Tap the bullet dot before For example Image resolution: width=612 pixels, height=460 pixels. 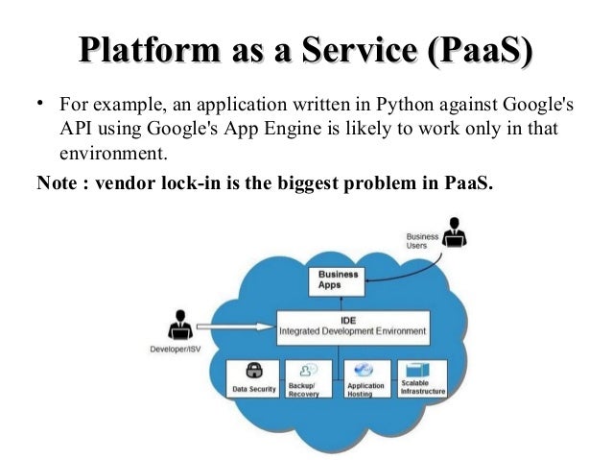41,103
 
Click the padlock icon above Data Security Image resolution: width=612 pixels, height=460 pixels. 255,371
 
